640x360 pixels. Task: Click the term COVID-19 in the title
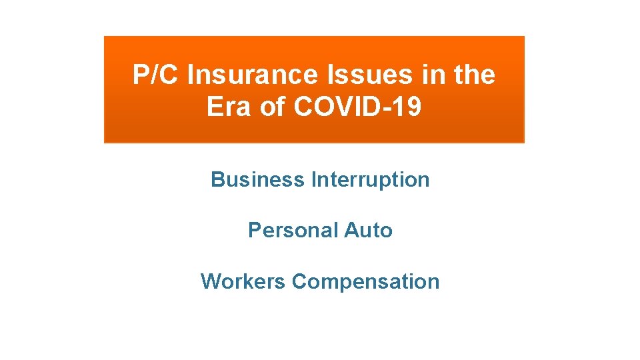click(357, 107)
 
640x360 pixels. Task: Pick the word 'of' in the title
click(271, 107)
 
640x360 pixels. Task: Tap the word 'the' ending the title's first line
click(474, 75)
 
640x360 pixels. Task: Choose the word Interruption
click(370, 179)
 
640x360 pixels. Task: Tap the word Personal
click(293, 230)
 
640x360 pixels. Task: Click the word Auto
click(368, 230)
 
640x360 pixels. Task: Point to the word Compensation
click(365, 281)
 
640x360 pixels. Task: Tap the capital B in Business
click(217, 179)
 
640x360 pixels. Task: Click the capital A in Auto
click(351, 230)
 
